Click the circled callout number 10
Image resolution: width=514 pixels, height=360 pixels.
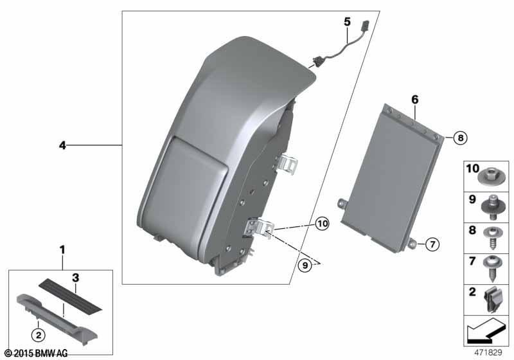point(323,224)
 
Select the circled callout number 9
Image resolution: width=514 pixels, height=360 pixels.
point(305,265)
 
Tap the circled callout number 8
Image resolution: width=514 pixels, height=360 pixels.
point(461,138)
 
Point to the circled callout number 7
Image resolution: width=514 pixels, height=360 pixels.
point(432,244)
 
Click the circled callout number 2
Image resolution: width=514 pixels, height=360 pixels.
point(39,335)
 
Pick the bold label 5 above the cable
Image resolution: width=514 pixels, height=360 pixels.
point(347,22)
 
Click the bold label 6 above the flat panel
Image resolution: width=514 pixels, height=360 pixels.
point(415,99)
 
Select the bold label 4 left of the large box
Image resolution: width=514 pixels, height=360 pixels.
point(62,145)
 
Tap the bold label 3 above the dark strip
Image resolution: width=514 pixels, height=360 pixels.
point(76,278)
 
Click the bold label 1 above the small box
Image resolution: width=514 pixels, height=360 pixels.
point(62,250)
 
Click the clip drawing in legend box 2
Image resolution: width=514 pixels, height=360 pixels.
point(493,300)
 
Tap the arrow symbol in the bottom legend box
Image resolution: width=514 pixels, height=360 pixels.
point(484,331)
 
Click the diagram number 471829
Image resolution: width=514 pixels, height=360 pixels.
point(488,352)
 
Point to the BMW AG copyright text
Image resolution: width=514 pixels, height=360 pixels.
point(37,353)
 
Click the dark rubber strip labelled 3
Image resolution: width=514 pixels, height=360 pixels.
point(71,294)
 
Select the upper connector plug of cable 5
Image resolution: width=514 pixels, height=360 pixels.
point(364,26)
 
